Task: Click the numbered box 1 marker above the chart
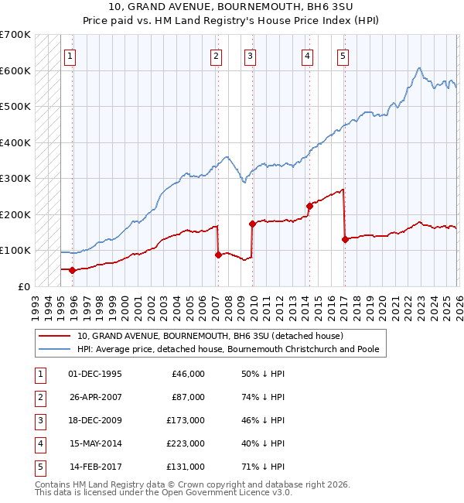[70, 56]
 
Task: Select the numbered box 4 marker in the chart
[307, 56]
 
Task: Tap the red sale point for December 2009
[252, 224]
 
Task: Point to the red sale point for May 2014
[309, 206]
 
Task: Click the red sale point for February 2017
[345, 239]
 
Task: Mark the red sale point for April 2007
[218, 255]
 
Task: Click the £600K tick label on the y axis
[15, 70]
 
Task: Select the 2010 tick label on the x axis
[254, 303]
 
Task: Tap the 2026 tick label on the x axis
[459, 303]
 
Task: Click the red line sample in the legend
[55, 337]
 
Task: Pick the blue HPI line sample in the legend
[55, 350]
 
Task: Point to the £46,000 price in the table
[186, 375]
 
